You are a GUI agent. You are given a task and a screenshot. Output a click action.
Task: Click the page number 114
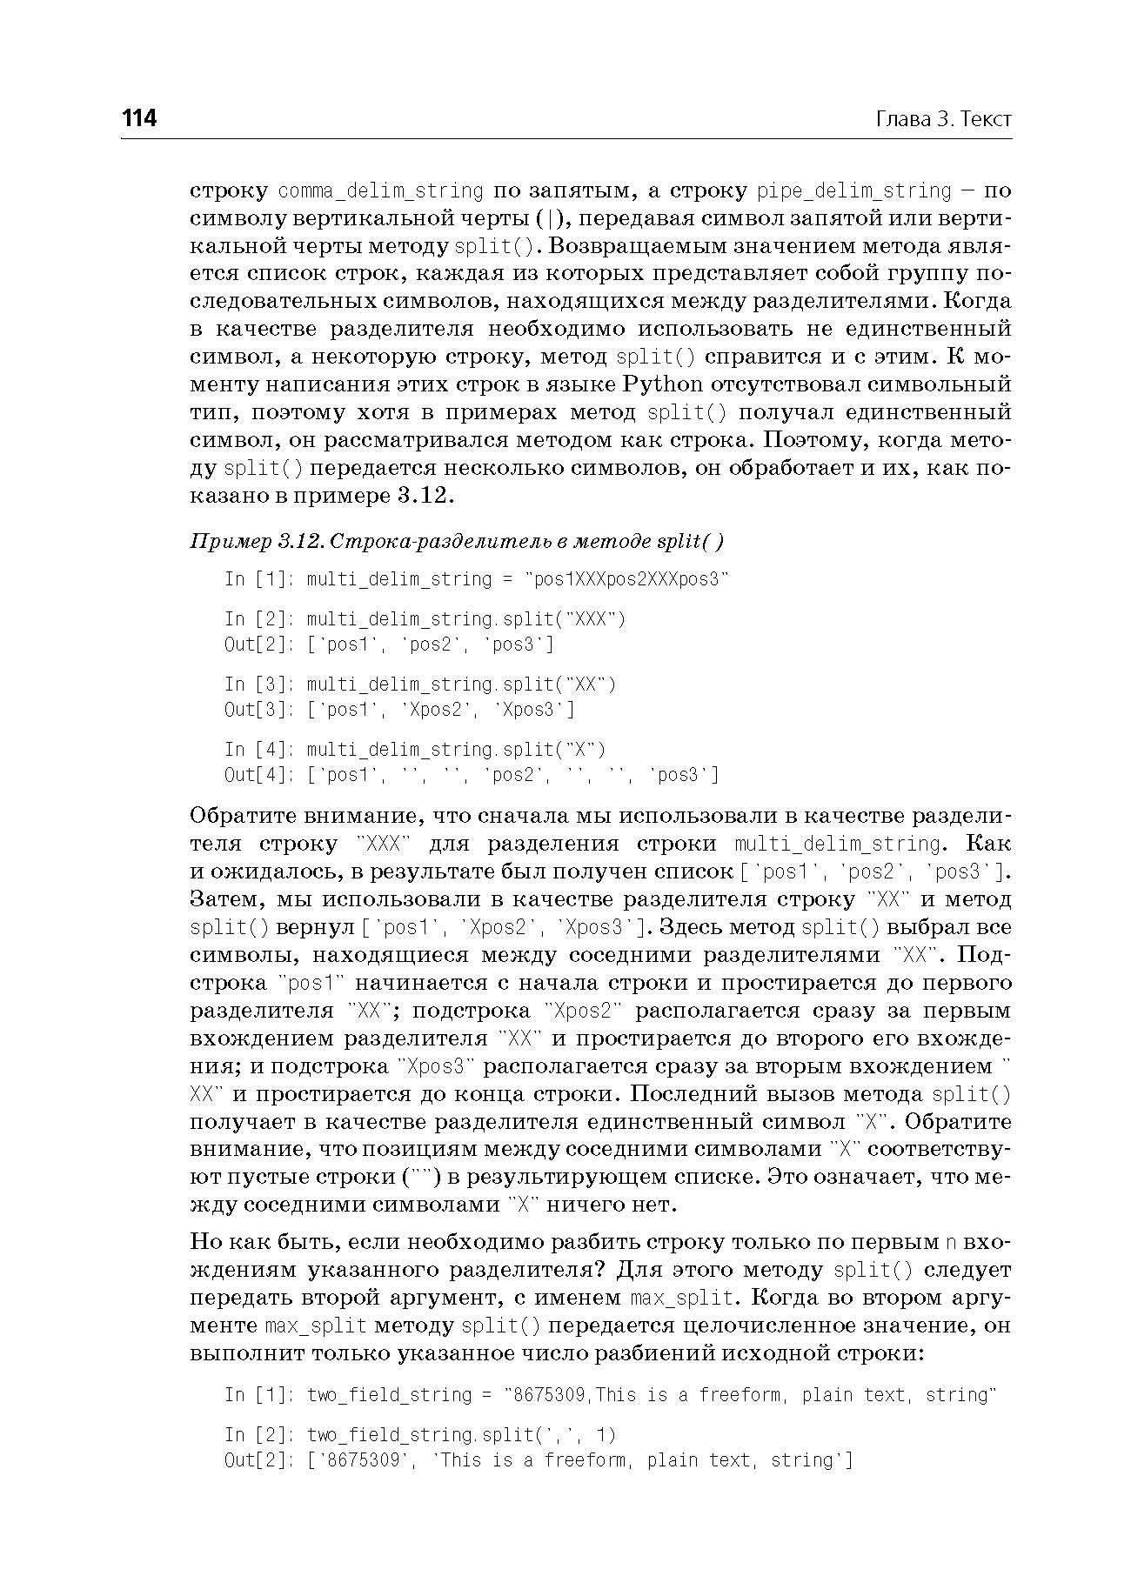click(139, 118)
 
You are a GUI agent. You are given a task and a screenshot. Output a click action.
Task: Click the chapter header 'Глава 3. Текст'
click(943, 119)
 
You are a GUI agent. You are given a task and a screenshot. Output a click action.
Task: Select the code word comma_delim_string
click(380, 190)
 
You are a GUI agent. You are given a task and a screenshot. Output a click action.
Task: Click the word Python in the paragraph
click(663, 384)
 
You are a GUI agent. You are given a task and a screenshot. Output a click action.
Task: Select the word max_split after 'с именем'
click(682, 1299)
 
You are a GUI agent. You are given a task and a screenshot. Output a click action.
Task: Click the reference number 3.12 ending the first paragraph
click(425, 496)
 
